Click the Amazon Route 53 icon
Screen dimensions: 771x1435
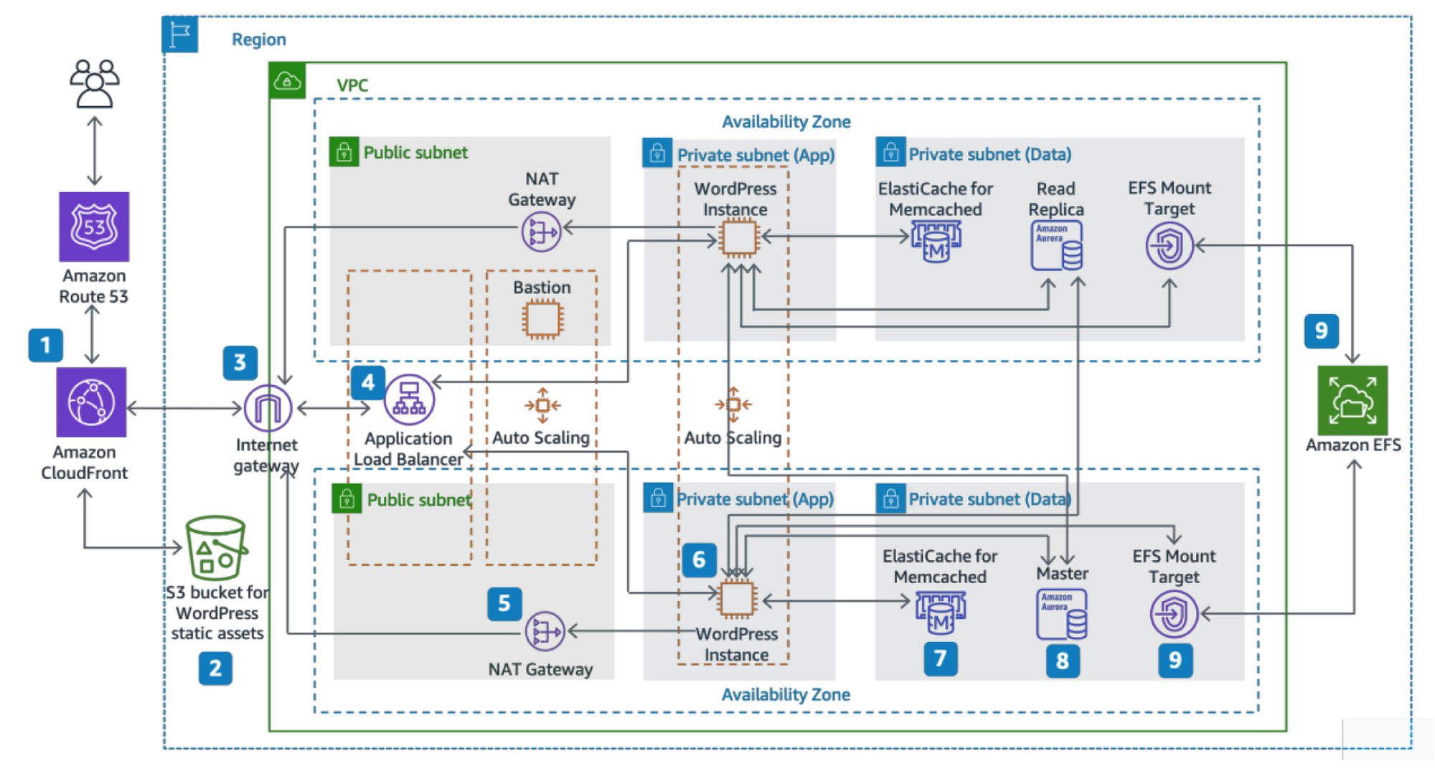coord(94,227)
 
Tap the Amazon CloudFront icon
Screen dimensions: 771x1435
coord(91,402)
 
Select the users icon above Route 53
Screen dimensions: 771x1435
coord(94,83)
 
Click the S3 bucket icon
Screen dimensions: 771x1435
coord(215,547)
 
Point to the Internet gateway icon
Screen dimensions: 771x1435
coord(268,408)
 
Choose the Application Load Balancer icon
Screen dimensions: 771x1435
coord(409,399)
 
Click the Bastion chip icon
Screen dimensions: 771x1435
coord(542,319)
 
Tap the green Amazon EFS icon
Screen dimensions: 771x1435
coord(1352,400)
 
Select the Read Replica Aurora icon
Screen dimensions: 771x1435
coord(1056,245)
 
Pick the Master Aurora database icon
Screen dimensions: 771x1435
coord(1061,614)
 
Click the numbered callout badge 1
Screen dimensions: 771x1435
coord(45,345)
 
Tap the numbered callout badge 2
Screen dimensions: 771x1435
coord(215,668)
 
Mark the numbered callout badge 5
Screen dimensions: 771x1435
coord(504,604)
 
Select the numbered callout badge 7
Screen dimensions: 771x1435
coord(940,658)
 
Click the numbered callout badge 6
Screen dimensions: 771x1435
coord(699,560)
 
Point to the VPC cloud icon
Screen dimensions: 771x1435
coord(287,80)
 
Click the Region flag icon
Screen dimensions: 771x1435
coord(180,34)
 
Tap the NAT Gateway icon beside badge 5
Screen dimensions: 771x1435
coord(545,631)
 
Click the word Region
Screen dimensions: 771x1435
coord(258,39)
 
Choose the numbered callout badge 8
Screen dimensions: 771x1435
coord(1062,661)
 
